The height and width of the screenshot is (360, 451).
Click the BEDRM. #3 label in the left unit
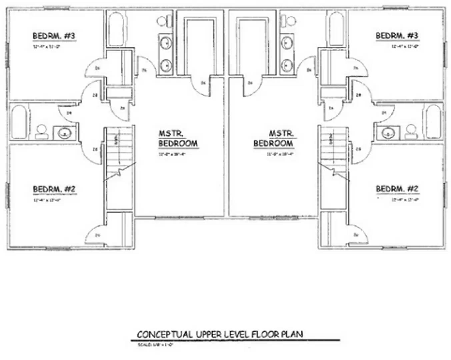click(54, 36)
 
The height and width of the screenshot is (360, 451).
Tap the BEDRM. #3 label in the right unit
click(397, 35)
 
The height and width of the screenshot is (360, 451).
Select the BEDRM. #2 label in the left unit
click(54, 189)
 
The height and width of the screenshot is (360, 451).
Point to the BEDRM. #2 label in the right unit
click(397, 189)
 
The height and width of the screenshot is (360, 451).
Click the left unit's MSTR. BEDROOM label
click(177, 139)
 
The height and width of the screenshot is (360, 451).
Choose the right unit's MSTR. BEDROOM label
click(274, 139)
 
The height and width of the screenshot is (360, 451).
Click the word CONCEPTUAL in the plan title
click(165, 334)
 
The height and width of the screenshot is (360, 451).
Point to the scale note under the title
click(156, 345)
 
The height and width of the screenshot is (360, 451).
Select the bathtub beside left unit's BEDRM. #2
click(19, 122)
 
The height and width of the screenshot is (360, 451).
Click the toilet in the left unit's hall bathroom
click(42, 132)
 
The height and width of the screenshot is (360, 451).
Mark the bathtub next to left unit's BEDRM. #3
click(116, 29)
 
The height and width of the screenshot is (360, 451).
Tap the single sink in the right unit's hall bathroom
click(387, 133)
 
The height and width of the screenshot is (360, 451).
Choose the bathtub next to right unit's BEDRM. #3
click(337, 29)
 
